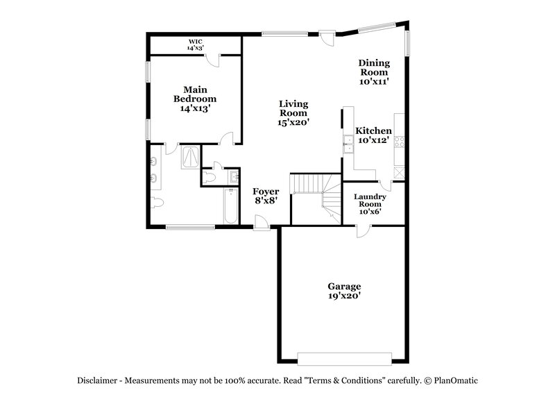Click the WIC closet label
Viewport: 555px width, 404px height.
tap(195, 45)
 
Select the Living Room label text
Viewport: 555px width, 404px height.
tap(293, 112)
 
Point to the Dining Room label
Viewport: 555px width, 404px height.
tap(373, 71)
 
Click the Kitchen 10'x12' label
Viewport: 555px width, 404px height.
tap(373, 135)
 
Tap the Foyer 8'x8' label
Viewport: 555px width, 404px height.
tap(265, 196)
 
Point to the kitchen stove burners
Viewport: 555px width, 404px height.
tap(400, 142)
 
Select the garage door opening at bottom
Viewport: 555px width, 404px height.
tap(344, 358)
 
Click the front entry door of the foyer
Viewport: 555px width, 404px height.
tap(262, 223)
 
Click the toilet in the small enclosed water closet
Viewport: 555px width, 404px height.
tap(217, 176)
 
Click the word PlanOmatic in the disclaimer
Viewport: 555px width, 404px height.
tap(456, 380)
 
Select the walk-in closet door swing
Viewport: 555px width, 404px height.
tap(216, 60)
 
